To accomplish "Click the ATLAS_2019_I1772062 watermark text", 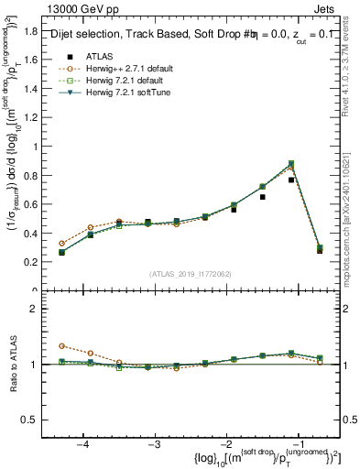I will (x=191, y=274).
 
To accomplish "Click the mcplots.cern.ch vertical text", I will (x=352, y=211).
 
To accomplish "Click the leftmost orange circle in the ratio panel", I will (x=61, y=346).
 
